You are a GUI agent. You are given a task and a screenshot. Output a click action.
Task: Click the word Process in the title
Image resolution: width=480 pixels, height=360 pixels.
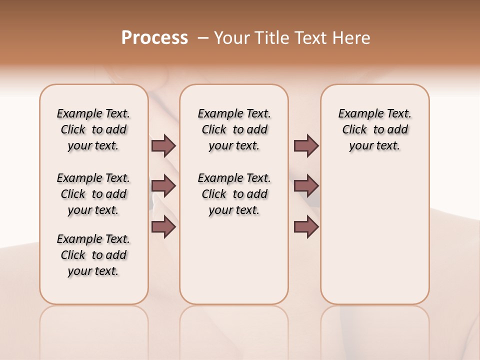point(154,38)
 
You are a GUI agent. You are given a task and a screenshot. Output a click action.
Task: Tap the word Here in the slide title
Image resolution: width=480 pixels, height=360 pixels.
point(352,38)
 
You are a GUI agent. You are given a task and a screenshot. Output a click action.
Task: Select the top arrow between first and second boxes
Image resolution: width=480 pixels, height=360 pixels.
point(163,145)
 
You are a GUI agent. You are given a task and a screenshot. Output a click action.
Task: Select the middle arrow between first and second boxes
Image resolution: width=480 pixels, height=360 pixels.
point(163,186)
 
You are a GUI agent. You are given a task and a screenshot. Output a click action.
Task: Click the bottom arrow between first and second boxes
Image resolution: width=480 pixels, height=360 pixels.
point(163,227)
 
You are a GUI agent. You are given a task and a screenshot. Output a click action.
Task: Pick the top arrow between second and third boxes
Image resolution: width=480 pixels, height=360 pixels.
point(306,145)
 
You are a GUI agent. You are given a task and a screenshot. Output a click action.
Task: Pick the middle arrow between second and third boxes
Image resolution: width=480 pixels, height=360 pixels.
point(306,186)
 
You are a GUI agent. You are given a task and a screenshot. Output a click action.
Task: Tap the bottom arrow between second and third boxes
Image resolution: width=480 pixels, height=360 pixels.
point(306,227)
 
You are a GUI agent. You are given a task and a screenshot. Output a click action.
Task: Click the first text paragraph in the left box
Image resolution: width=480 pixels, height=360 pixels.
point(93,129)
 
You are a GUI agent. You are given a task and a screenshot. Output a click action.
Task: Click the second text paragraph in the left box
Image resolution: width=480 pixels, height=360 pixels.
point(93,194)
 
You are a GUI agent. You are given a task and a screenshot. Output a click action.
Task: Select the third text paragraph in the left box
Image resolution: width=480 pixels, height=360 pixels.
point(93,255)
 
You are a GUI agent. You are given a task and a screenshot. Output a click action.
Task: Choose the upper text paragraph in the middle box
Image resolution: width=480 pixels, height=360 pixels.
point(234,129)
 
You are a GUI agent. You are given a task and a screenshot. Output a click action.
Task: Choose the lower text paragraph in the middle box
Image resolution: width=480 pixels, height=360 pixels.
point(234,194)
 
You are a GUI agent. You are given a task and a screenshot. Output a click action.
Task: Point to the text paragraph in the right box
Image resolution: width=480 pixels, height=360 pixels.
point(375,129)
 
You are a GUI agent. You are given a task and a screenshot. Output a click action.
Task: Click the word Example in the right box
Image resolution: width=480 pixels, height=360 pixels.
point(358,114)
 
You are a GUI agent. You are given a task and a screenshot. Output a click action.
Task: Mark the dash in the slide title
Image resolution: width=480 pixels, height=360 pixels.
point(203,38)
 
